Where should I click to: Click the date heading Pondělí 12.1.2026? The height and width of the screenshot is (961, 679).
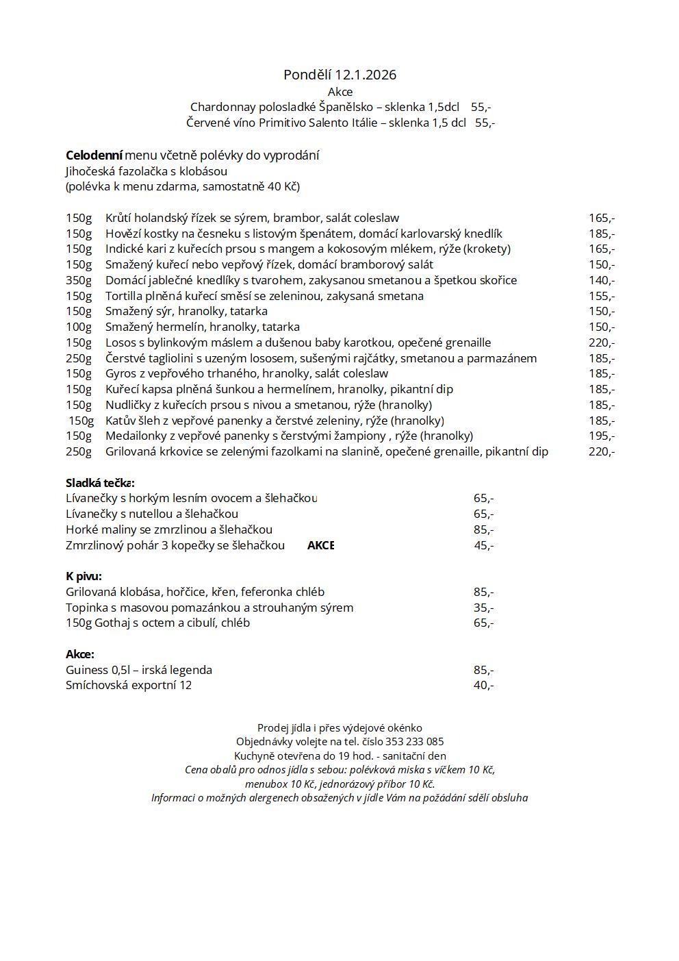point(339,75)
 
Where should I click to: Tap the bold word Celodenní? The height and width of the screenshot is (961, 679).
point(94,155)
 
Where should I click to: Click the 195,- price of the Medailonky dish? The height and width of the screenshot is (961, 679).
point(601,436)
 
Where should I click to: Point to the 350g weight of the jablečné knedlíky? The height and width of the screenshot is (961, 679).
point(79,280)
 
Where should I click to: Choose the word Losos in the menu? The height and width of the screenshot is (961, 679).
point(120,342)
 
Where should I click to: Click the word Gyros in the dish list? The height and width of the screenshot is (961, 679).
point(120,373)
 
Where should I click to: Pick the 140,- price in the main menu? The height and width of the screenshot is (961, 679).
point(601,280)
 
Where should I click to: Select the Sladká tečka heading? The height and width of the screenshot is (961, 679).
point(100,483)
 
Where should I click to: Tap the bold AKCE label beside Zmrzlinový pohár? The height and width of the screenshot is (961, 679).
point(320,545)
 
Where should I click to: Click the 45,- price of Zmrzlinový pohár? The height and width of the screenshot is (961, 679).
point(484,545)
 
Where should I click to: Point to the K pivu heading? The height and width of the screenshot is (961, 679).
point(84,576)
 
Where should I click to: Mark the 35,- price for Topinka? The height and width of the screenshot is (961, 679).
point(483,608)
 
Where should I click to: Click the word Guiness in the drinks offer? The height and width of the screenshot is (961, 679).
point(87,670)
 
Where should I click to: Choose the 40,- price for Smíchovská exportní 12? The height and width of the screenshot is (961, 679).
point(483,685)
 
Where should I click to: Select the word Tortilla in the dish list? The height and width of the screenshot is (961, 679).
point(124,296)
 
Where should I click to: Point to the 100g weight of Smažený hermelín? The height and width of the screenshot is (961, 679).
point(79,327)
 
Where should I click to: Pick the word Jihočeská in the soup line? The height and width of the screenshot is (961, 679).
point(93,171)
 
